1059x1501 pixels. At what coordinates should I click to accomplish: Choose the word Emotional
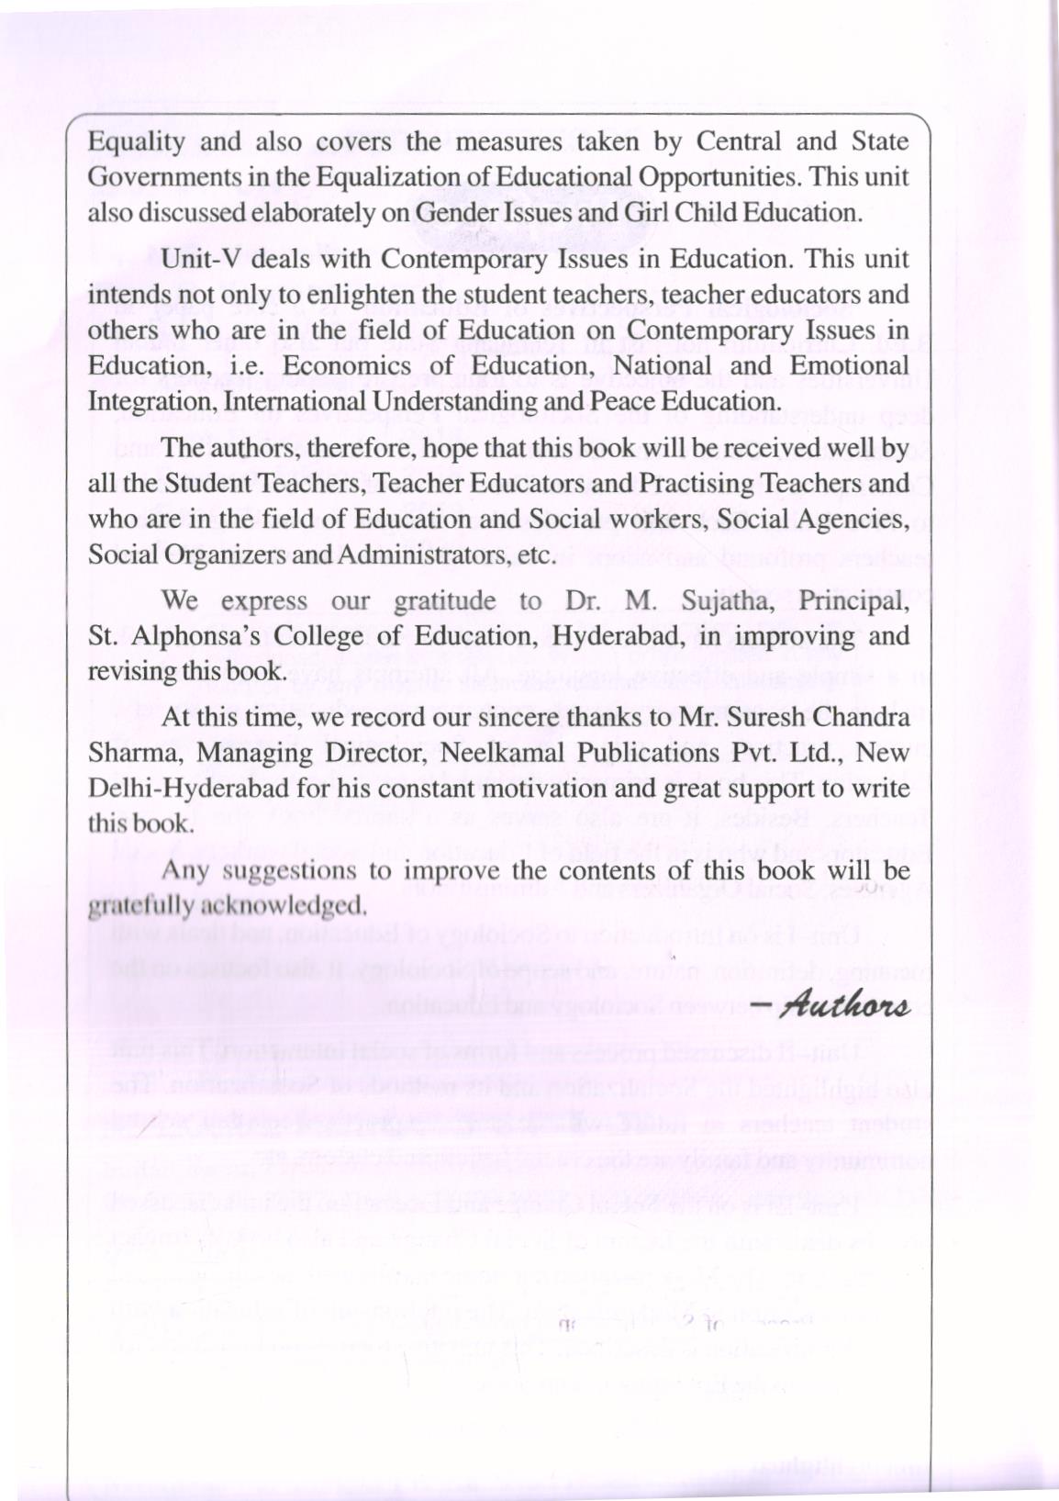coord(846,365)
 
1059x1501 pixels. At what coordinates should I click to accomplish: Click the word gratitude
coord(444,601)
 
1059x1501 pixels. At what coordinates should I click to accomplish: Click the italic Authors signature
coord(841,1004)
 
